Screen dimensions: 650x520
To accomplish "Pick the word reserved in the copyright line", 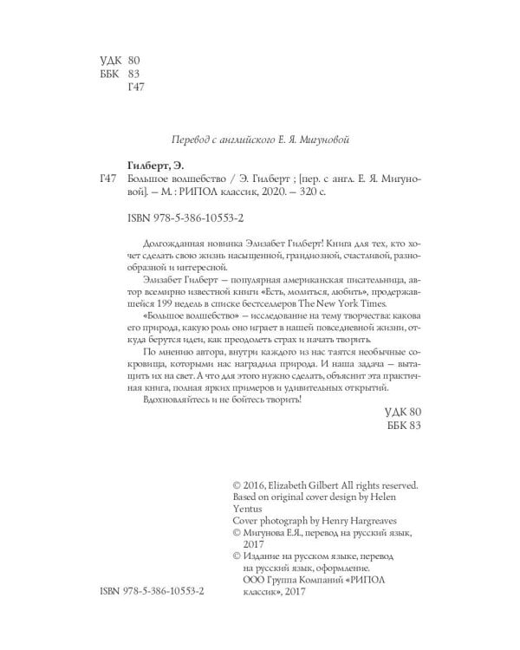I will [397, 485].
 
